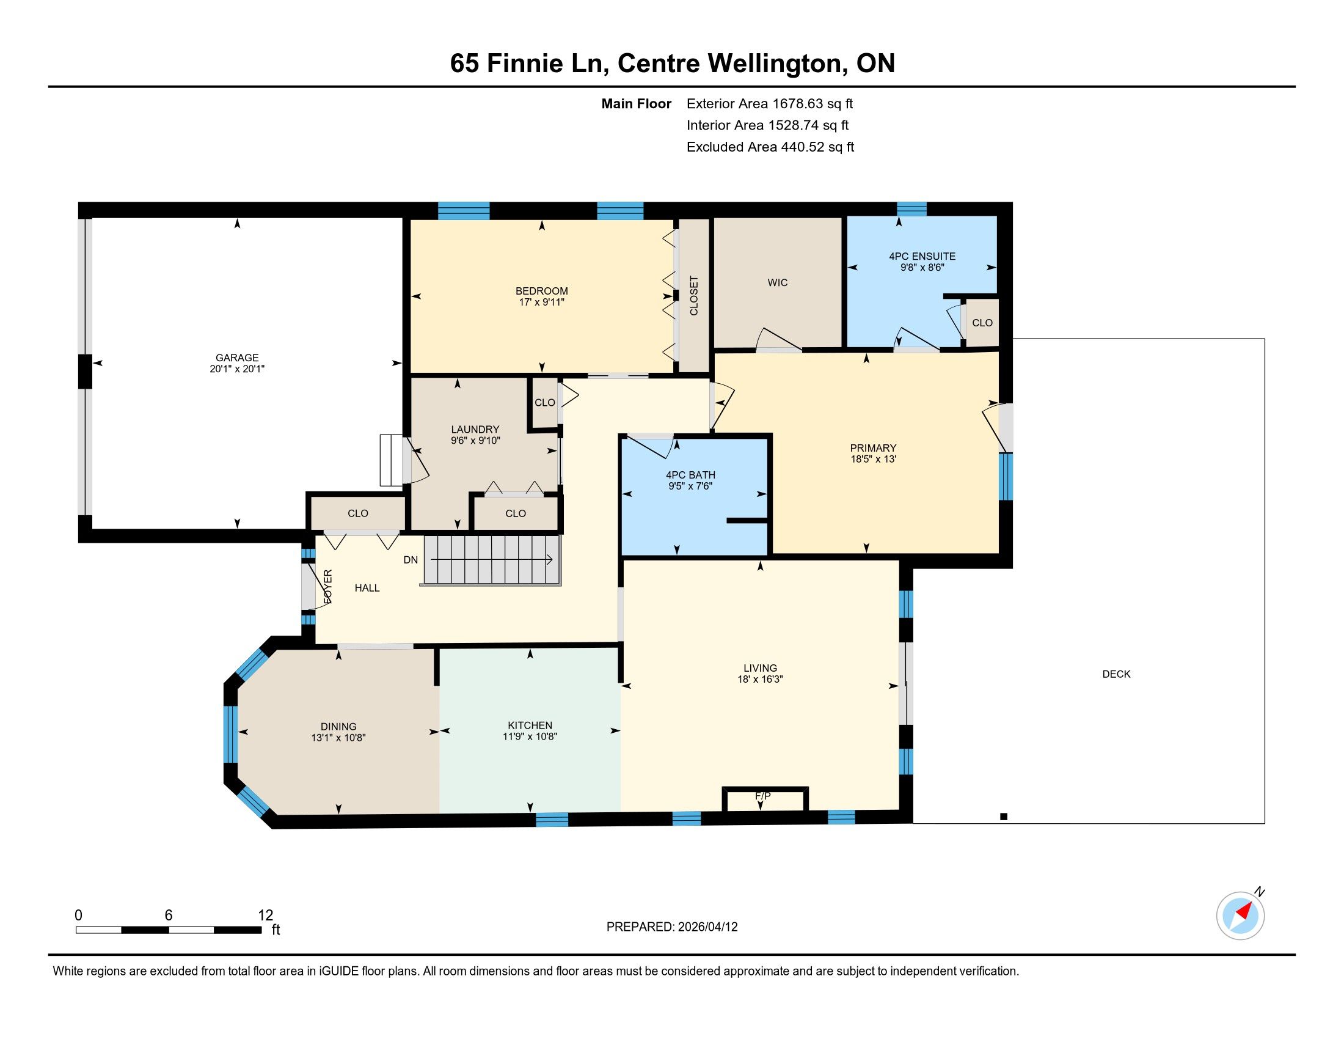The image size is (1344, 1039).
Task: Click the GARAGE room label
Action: click(x=237, y=358)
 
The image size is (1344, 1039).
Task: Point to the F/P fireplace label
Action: click(x=763, y=796)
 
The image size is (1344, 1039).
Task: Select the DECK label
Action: click(x=1116, y=674)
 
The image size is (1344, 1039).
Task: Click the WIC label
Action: click(x=778, y=282)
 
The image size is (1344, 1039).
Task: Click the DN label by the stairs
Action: click(x=411, y=559)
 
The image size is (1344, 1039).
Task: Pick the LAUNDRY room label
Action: click(x=475, y=429)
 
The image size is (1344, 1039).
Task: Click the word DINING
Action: click(x=338, y=726)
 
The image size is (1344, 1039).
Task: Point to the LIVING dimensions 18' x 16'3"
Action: click(x=760, y=679)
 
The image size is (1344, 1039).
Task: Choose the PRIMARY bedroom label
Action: click(x=873, y=447)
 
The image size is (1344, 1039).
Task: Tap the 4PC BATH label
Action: click(x=690, y=474)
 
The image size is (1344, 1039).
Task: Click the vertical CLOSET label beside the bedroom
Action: click(x=694, y=295)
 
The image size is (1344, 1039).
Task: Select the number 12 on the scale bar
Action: click(x=265, y=915)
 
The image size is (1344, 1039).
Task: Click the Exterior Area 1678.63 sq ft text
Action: click(x=770, y=103)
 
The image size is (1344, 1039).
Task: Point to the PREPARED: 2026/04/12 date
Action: click(x=672, y=927)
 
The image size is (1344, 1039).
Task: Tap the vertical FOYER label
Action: click(x=328, y=586)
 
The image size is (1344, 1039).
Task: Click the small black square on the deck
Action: click(x=1004, y=816)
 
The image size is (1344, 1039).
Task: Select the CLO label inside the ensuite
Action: click(x=982, y=323)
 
